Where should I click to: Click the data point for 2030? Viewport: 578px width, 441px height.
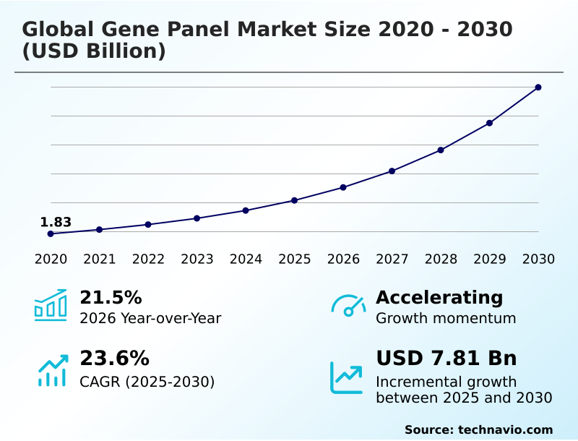pyautogui.click(x=538, y=87)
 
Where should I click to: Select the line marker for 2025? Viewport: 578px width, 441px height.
pyautogui.click(x=295, y=200)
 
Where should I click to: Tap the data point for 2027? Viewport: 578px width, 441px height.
pyautogui.click(x=392, y=171)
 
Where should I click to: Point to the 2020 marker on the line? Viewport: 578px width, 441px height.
pyautogui.click(x=51, y=234)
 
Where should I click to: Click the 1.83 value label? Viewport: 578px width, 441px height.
pyautogui.click(x=56, y=222)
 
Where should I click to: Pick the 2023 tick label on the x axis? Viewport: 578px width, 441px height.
pyautogui.click(x=197, y=260)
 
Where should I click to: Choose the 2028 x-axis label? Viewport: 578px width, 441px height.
pyautogui.click(x=441, y=260)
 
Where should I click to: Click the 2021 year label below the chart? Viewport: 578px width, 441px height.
pyautogui.click(x=99, y=260)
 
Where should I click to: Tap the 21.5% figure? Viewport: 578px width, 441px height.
pyautogui.click(x=111, y=297)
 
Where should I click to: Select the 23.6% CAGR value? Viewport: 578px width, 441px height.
pyautogui.click(x=114, y=359)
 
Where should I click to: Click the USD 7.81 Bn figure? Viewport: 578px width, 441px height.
pyautogui.click(x=447, y=359)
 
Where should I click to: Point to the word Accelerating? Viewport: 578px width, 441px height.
pyautogui.click(x=439, y=297)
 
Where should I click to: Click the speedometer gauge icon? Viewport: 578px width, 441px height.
pyautogui.click(x=348, y=306)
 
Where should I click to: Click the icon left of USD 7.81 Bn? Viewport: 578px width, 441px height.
pyautogui.click(x=347, y=377)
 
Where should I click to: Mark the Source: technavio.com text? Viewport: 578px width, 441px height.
pyautogui.click(x=478, y=429)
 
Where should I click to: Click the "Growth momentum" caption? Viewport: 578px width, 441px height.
pyautogui.click(x=446, y=318)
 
